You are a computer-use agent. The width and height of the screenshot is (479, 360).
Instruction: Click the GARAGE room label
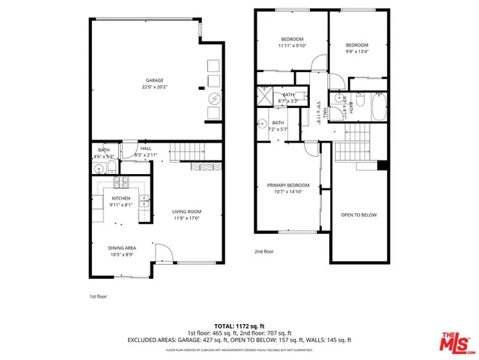click(154, 80)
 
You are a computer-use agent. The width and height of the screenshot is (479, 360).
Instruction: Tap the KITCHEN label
click(121, 199)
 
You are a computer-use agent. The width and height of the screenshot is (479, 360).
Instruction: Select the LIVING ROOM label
click(188, 211)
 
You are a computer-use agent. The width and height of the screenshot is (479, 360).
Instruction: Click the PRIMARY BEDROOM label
click(288, 184)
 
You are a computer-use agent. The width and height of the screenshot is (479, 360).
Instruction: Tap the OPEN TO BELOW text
click(359, 214)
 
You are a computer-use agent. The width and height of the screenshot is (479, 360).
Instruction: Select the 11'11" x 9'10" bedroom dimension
click(292, 46)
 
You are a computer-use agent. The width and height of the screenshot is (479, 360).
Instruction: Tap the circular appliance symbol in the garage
click(213, 97)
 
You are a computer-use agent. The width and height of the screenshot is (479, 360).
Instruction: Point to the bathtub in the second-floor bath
click(376, 107)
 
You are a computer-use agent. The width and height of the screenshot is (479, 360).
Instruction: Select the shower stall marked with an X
click(266, 94)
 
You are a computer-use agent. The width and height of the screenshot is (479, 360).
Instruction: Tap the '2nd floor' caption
click(264, 251)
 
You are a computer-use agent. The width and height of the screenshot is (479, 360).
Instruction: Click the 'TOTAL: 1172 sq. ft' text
click(239, 325)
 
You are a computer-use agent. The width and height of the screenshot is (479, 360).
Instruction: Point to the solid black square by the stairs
click(382, 165)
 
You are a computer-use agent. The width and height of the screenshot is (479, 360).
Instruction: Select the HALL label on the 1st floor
click(145, 148)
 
